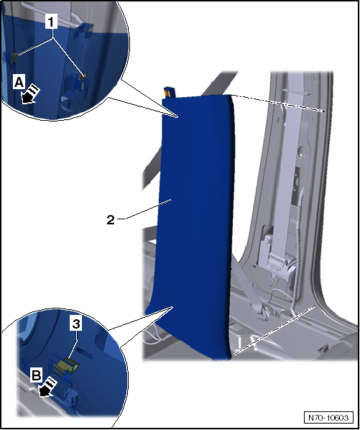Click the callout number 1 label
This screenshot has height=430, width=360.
point(51,22)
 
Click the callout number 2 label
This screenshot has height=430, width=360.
point(111,219)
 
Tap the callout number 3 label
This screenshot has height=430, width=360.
point(76,324)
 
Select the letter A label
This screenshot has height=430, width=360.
point(19,82)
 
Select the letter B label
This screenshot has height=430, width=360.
point(37,375)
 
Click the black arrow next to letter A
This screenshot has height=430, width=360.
point(30,95)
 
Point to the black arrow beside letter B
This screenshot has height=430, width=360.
point(47,388)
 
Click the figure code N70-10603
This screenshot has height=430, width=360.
point(328,418)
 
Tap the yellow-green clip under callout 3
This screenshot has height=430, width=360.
point(70,365)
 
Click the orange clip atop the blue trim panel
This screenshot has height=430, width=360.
point(167,93)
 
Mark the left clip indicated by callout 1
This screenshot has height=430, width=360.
point(14,58)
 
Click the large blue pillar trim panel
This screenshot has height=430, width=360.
point(195,225)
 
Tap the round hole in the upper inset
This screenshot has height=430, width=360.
point(66,103)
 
